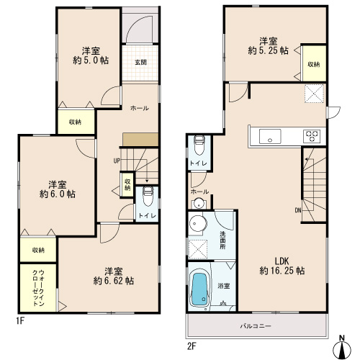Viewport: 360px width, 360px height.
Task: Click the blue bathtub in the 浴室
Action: coord(199,290)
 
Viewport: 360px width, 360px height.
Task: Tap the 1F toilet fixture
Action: coord(148,196)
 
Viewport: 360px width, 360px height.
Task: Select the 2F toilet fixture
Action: coord(199,145)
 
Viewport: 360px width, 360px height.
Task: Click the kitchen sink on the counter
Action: coord(270,137)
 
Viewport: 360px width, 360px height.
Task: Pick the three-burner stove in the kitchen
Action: coord(312,136)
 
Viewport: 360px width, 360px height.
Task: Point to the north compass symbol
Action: coord(342,348)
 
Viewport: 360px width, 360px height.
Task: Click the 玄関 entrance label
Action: coord(140,62)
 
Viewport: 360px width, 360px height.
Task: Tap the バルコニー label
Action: coord(256,326)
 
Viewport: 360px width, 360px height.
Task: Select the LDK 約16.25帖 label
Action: coord(282,266)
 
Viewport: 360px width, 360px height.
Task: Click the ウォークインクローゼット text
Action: coord(38,288)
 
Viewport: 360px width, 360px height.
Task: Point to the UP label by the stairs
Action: coord(117,161)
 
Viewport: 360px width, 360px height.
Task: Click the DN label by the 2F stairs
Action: coord(298,210)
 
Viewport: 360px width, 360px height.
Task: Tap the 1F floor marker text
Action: coord(20,320)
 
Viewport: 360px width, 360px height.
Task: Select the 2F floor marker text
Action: coord(192,346)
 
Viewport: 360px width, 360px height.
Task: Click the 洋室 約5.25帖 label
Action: coord(268,46)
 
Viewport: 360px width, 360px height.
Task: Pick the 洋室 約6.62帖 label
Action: coord(114,276)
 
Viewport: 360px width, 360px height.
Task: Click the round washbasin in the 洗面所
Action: coord(198,224)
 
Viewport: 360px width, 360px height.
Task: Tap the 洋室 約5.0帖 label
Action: coord(91,55)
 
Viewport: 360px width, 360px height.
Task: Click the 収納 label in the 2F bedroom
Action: coord(314,64)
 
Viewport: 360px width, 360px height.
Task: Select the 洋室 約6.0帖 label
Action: coord(58,189)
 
